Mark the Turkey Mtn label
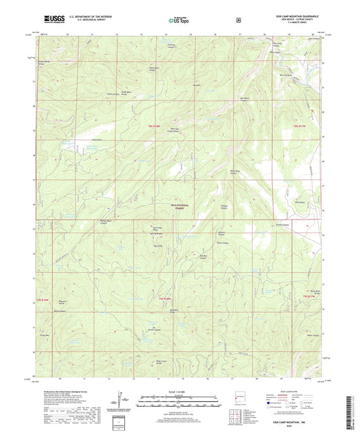click(x=45, y=335)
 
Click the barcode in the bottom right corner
click(x=350, y=409)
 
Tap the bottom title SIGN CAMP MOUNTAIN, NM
click(x=294, y=420)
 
